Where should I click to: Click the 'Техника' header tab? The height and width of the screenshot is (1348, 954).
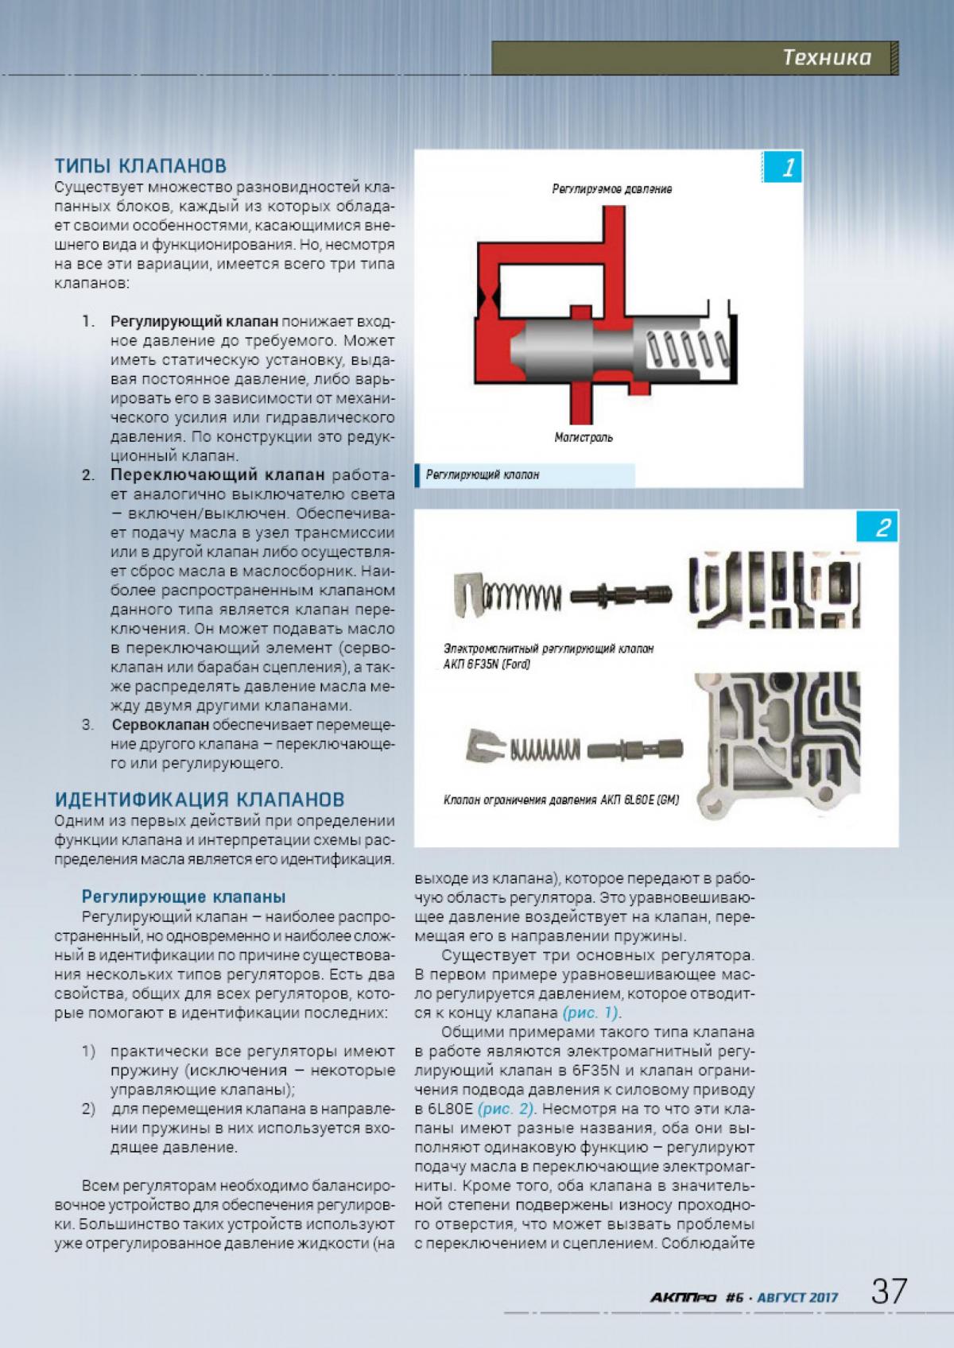tap(827, 57)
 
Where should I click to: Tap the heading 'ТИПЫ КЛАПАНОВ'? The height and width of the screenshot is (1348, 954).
tap(141, 166)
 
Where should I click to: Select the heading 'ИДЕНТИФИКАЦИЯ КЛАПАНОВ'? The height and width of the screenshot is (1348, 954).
tap(200, 799)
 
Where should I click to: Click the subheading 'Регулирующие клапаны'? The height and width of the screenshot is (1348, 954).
tap(184, 897)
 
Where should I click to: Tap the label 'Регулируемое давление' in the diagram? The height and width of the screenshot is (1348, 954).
tap(612, 189)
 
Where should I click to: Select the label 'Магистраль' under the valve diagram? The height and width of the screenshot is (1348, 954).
tap(584, 438)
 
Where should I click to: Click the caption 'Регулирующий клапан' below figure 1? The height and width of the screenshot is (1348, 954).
tap(483, 475)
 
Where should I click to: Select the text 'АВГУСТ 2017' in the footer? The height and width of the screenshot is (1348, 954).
tap(797, 1298)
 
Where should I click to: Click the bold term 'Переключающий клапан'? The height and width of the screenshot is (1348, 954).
tap(218, 475)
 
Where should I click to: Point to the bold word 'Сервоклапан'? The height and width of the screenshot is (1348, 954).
tap(161, 725)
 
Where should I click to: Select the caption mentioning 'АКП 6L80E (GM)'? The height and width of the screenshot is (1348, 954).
tap(561, 800)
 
